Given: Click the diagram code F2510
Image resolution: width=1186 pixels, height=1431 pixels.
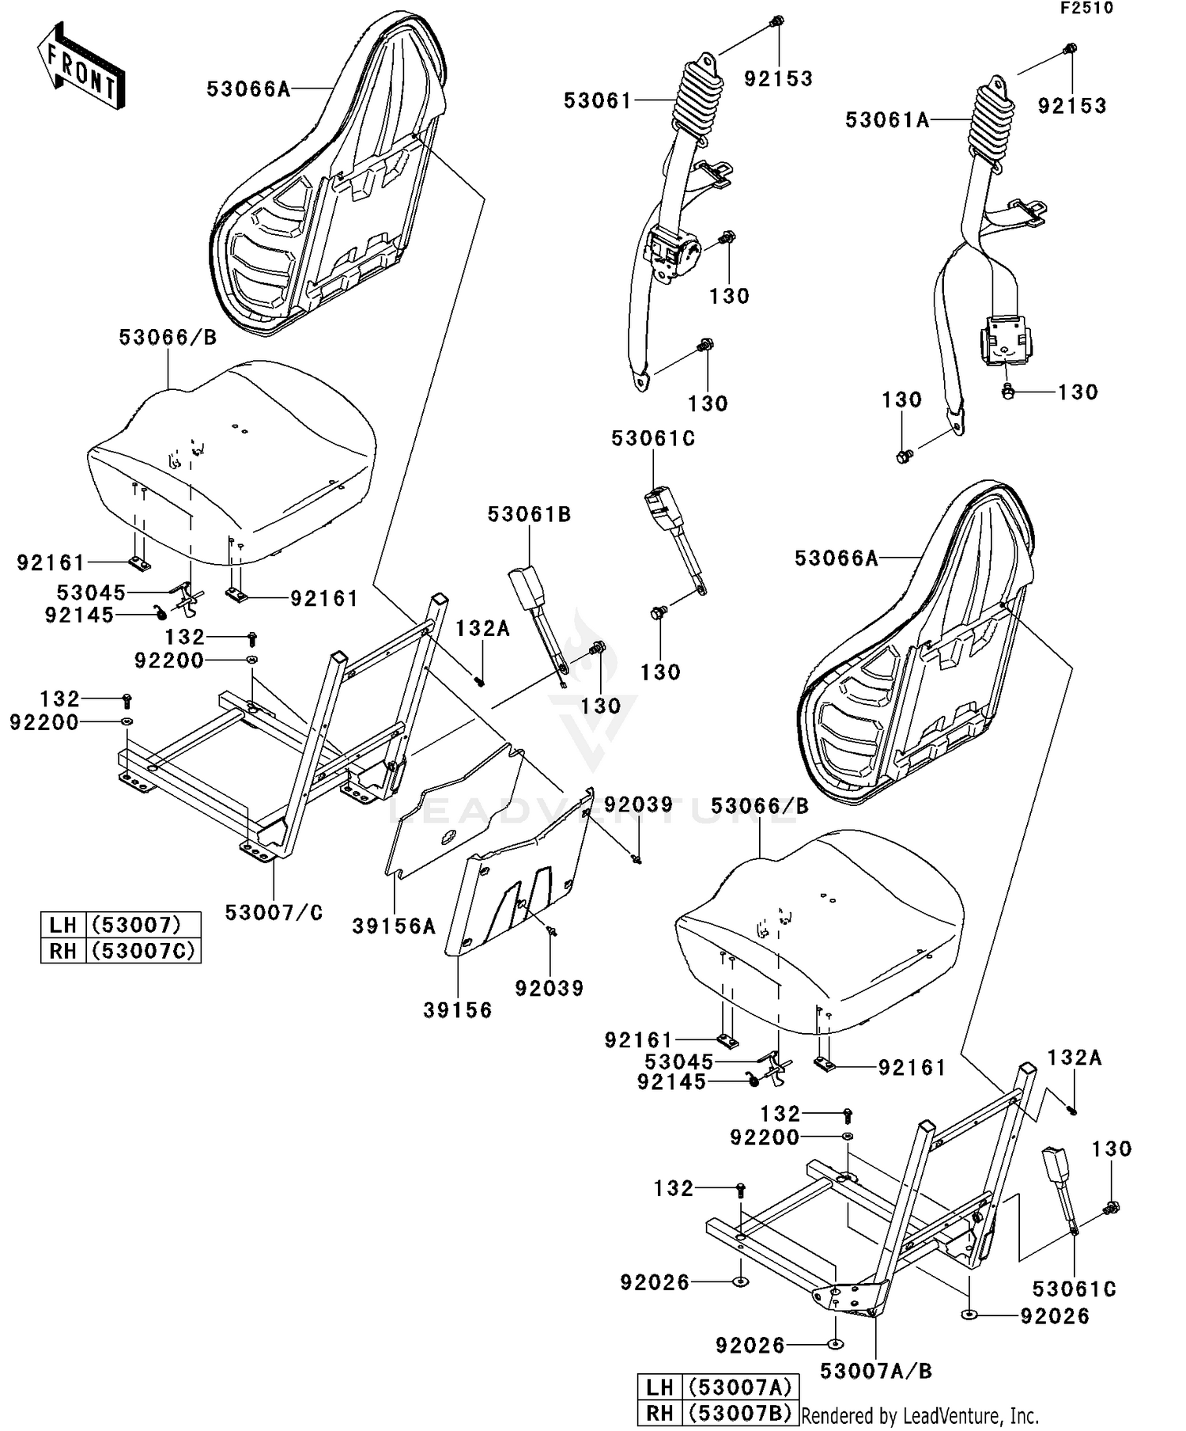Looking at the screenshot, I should click(x=1086, y=9).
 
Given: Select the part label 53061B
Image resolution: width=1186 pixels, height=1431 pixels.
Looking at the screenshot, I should click(x=529, y=515).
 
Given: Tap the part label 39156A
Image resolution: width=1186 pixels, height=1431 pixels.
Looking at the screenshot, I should click(x=393, y=926).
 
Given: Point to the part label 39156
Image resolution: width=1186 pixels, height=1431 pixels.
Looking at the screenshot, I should click(x=457, y=1010).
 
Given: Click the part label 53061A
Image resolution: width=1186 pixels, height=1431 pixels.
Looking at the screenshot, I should click(x=886, y=120).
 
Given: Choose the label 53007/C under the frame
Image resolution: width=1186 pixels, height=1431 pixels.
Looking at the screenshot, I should click(x=274, y=913).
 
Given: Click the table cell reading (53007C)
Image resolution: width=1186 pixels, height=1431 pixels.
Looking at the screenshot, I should click(x=142, y=950).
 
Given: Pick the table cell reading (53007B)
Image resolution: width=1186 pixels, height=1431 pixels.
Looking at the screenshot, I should click(x=739, y=1413).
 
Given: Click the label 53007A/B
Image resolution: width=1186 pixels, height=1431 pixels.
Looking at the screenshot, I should click(x=875, y=1371).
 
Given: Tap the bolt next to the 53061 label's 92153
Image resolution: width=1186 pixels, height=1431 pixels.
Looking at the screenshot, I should click(x=776, y=21).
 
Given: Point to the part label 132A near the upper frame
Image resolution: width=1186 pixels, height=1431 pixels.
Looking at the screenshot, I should click(x=482, y=629).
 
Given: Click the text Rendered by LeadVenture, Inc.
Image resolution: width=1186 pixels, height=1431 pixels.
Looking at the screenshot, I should click(x=920, y=1415).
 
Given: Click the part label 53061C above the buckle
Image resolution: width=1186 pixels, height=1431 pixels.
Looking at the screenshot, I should click(x=653, y=439).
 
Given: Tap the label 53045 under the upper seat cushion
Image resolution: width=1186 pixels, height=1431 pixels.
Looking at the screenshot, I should click(x=91, y=592).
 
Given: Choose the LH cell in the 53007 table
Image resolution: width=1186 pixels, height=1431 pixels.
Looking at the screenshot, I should click(x=62, y=925).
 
